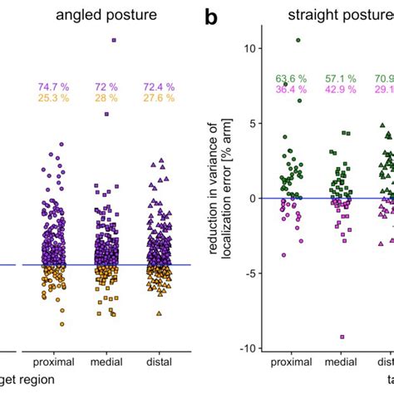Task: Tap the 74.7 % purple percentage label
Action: pyautogui.click(x=52, y=87)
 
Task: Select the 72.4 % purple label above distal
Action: pyautogui.click(x=159, y=87)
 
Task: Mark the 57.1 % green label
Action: pyautogui.click(x=339, y=79)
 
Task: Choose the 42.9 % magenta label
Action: pyautogui.click(x=339, y=90)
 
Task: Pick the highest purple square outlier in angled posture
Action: pyautogui.click(x=114, y=39)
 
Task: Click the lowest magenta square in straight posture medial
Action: pyautogui.click(x=341, y=337)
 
